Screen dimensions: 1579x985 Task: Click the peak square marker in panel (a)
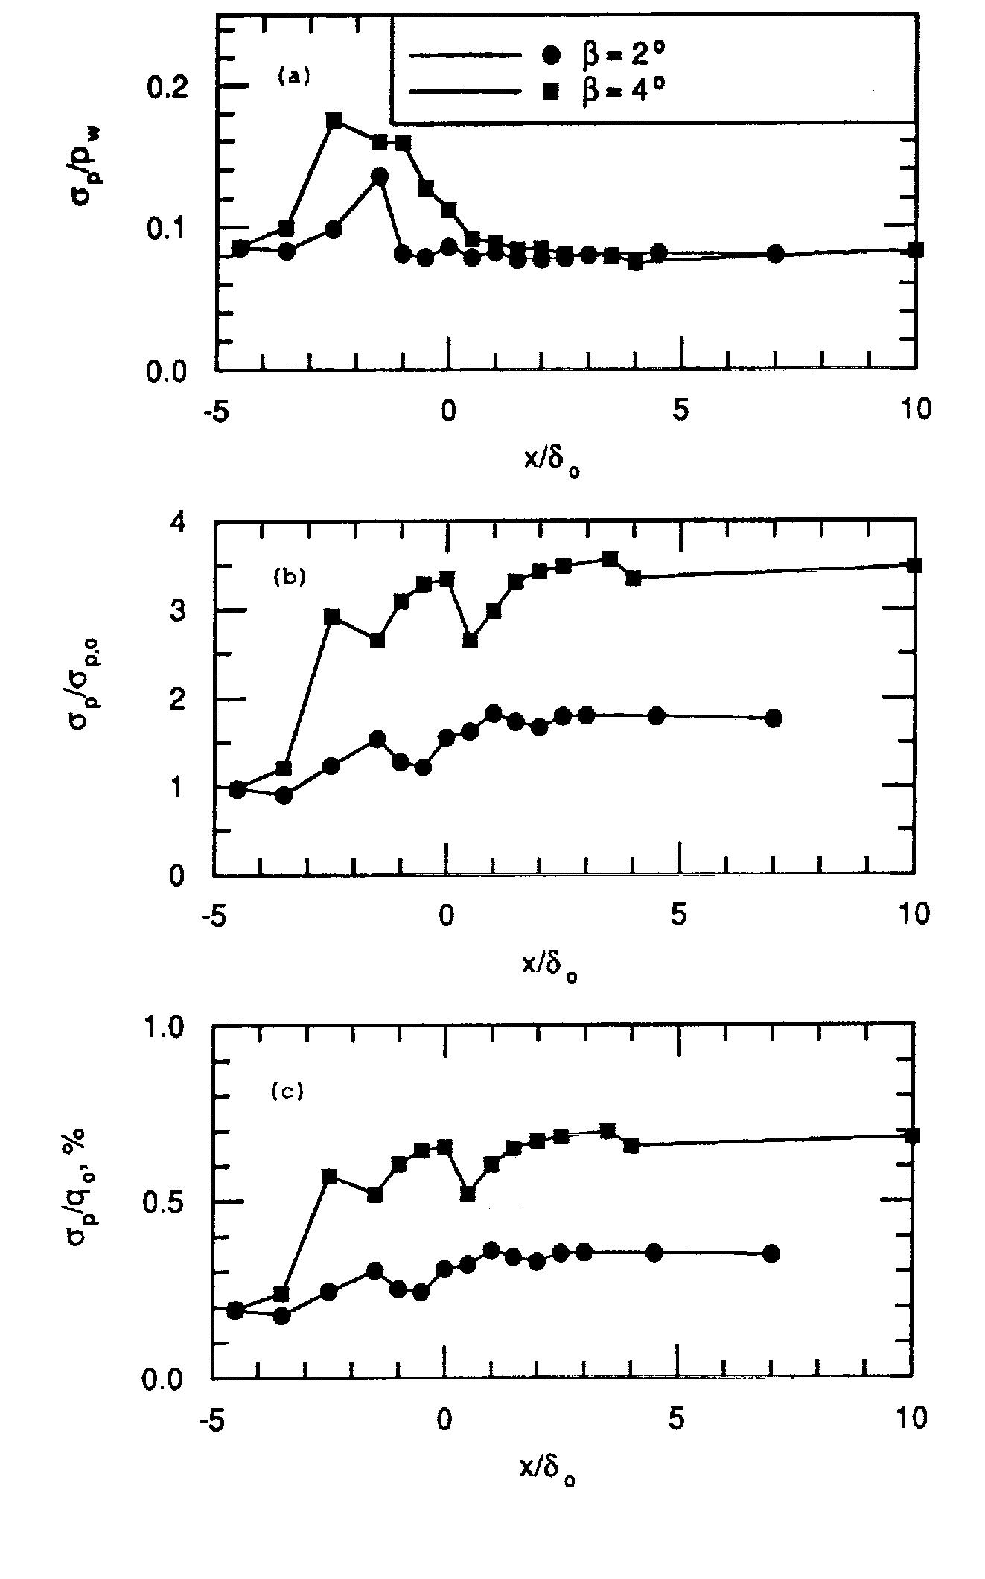334,121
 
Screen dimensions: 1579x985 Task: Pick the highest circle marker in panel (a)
380,176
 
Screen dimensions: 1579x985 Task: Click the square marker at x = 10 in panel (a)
917,249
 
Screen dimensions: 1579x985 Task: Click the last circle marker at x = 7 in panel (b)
774,718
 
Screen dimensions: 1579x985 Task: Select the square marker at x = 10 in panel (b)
915,565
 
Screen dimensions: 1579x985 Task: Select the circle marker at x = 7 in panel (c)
771,1254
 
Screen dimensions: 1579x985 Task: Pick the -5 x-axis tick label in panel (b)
213,913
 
